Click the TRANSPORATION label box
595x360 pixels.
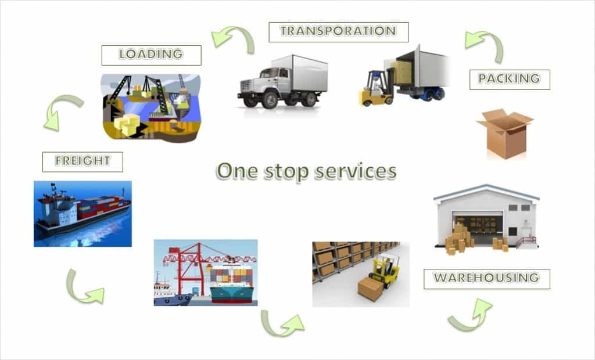pos(338,31)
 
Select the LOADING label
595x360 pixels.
pos(151,55)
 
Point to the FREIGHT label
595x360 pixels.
pos(83,161)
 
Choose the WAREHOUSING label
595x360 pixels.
pos(486,278)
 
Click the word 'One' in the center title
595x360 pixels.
pos(238,171)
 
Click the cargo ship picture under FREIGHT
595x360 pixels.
pos(83,213)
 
